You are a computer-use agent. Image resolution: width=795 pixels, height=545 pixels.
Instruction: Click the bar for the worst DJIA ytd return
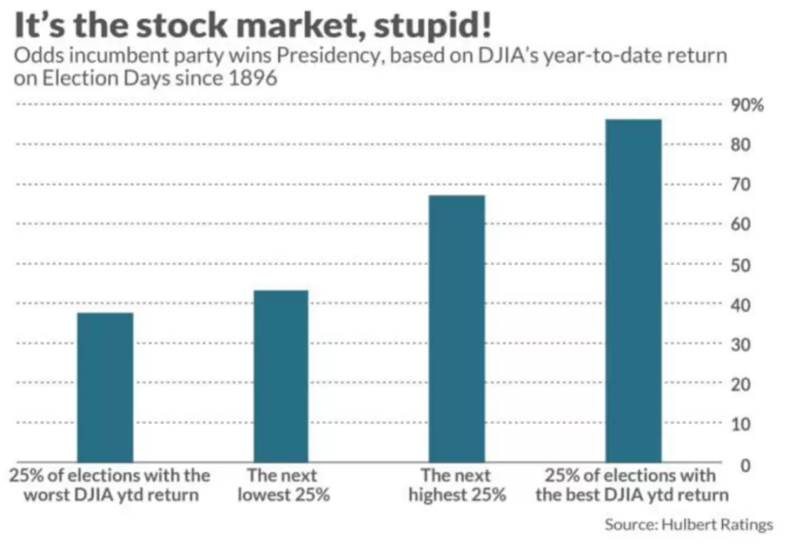[x=104, y=387]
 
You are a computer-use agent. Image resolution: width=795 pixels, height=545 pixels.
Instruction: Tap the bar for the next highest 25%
[x=456, y=328]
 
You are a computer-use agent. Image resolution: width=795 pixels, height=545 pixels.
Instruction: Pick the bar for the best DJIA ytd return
[x=633, y=290]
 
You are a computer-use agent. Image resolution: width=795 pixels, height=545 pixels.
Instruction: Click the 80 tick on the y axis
[x=742, y=145]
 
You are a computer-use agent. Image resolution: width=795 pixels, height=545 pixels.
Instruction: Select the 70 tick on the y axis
[x=742, y=185]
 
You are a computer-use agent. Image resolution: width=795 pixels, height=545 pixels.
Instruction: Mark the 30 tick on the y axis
[x=742, y=345]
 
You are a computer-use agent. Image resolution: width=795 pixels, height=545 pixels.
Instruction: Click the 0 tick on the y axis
[x=746, y=465]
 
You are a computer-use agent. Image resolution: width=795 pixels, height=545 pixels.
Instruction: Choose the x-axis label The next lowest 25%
[x=282, y=485]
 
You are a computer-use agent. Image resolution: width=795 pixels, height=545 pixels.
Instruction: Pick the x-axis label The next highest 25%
[x=456, y=485]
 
